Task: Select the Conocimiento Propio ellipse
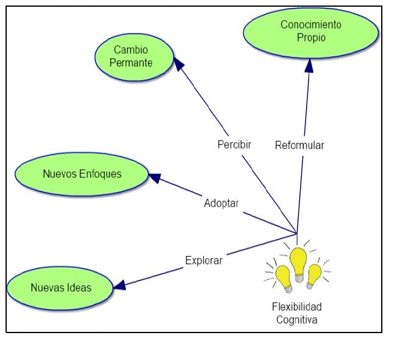point(310,31)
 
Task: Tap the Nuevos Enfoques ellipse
point(82,174)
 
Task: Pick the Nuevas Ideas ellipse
point(60,287)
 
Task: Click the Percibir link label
point(235,145)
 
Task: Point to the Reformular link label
point(299,145)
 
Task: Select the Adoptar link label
point(221,203)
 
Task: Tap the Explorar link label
point(204,260)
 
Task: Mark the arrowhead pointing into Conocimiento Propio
point(310,63)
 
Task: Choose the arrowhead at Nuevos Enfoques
point(155,178)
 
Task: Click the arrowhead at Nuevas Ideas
point(119,284)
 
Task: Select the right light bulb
point(315,276)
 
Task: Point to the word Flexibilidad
point(297,307)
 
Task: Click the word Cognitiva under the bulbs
point(297,319)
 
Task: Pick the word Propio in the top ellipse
point(311,37)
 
